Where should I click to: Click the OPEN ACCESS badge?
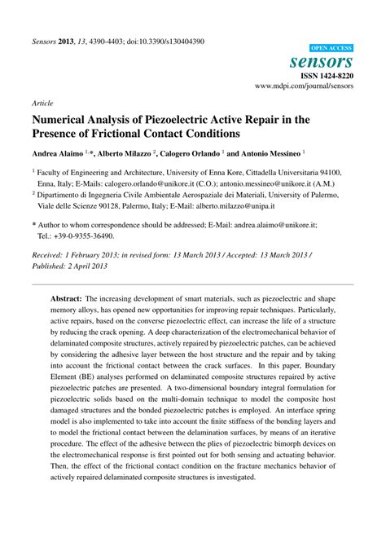(x=331, y=49)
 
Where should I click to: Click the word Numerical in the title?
(x=65, y=119)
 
